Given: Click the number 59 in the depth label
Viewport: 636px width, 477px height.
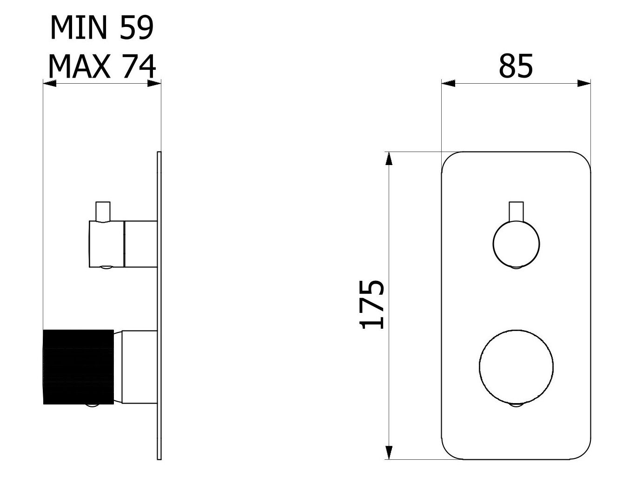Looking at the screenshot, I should (136, 28).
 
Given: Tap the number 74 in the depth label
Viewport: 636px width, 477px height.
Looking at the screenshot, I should (138, 66).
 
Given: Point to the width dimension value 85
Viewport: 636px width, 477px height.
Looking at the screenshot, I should (516, 66).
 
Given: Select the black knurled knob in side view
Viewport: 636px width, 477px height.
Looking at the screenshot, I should (78, 367).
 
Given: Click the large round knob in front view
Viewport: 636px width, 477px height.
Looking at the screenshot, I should (516, 366).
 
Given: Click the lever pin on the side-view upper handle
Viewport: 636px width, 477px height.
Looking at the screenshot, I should (103, 211).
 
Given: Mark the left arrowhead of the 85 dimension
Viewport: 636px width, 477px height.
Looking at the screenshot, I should (448, 84).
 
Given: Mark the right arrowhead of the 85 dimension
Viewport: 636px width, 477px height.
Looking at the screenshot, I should (584, 84).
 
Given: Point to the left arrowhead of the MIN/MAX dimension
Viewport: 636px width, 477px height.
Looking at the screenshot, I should (49, 84).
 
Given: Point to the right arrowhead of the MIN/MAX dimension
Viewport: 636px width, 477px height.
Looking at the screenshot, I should (154, 84).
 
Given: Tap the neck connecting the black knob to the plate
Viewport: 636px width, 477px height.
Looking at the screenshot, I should (139, 367).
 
